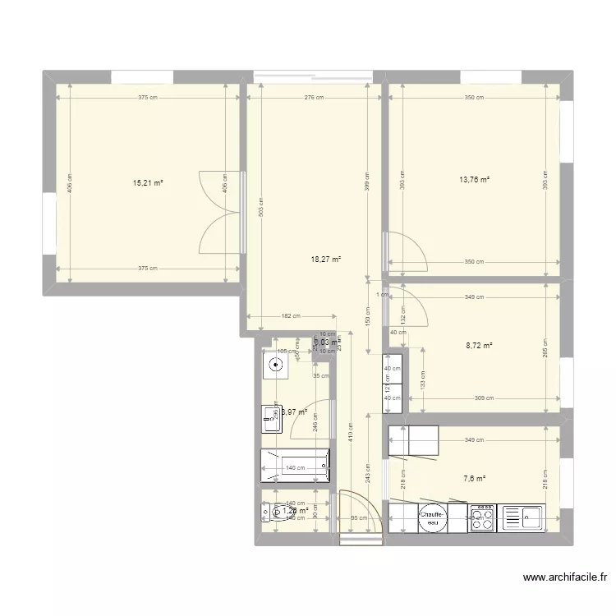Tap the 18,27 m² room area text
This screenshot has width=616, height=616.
(x=326, y=259)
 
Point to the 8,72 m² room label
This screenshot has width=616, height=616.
(x=479, y=346)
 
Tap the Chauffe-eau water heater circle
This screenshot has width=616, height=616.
(x=430, y=516)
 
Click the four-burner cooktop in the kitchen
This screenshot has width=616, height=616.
(x=480, y=517)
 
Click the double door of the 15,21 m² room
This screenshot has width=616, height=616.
(x=223, y=212)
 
